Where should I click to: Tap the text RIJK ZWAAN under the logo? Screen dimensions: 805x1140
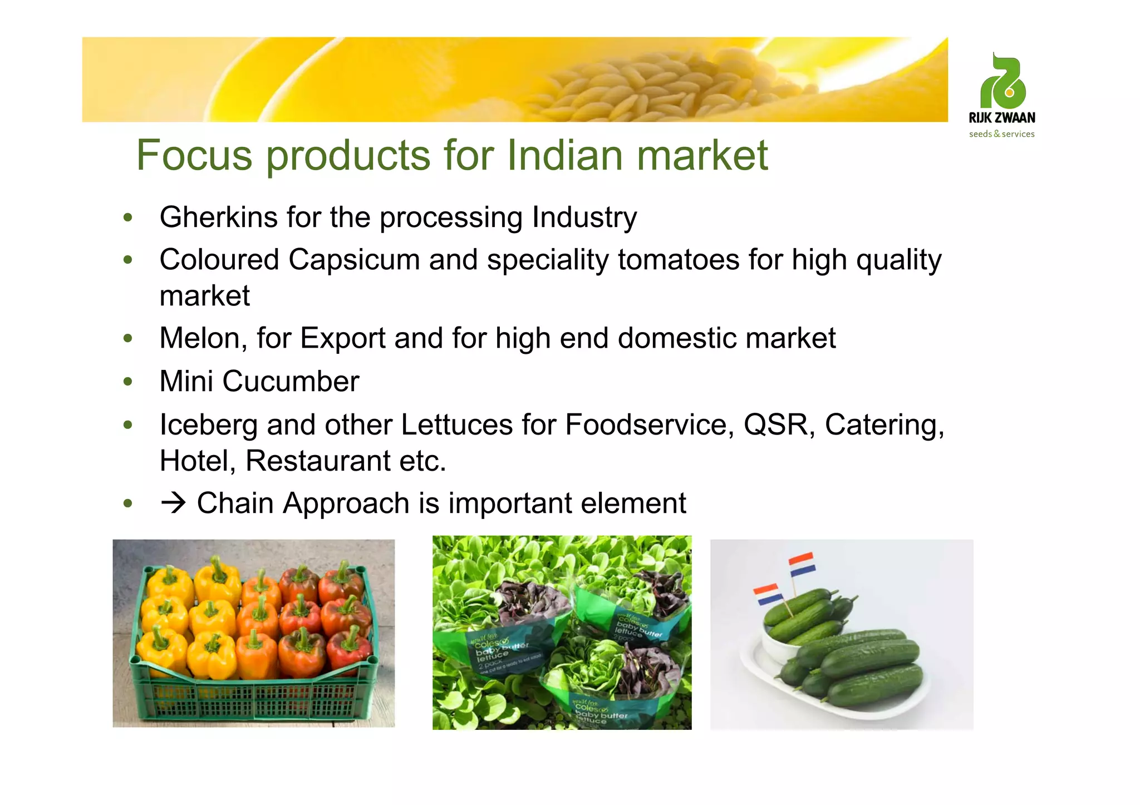[1002, 118]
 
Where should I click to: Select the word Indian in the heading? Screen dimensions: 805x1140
[564, 155]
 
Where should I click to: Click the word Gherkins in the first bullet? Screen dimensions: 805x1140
[218, 218]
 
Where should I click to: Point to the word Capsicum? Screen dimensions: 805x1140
[353, 260]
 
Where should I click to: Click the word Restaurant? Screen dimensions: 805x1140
[318, 461]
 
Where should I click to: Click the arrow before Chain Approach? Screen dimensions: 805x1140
[173, 503]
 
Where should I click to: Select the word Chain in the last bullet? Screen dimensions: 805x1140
[234, 503]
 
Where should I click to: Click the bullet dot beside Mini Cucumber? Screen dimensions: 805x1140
[128, 382]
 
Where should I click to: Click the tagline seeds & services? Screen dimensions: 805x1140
[1001, 134]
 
